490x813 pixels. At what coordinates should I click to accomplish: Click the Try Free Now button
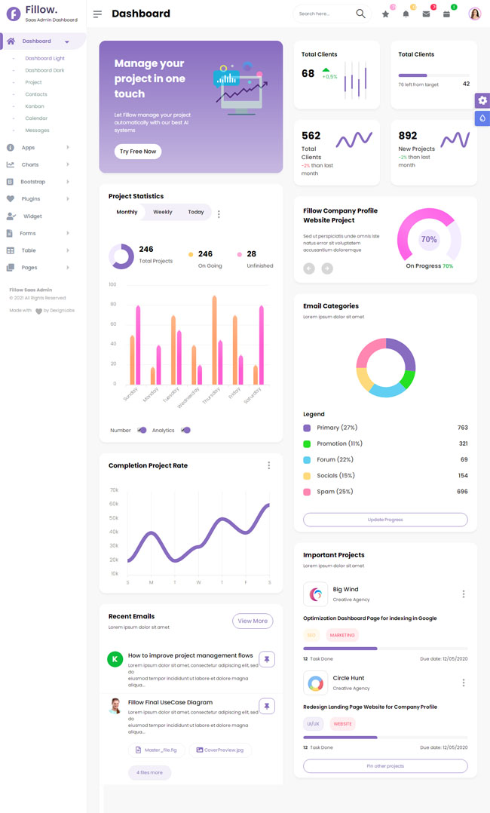138,152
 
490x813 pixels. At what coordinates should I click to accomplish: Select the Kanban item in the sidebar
35,106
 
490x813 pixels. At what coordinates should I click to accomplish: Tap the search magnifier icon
360,14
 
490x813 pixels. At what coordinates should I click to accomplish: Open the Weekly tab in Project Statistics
163,213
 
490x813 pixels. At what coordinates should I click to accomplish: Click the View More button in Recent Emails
253,621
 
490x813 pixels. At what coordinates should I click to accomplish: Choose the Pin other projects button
385,766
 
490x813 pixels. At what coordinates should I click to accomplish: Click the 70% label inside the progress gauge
429,240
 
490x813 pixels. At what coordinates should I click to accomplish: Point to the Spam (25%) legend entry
335,492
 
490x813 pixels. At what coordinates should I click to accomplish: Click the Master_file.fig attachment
156,750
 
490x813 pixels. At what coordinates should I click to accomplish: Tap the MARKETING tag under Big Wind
342,636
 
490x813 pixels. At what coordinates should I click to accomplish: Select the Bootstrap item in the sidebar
32,182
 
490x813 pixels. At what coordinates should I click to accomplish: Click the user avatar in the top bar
475,14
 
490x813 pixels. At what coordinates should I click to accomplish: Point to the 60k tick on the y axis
114,505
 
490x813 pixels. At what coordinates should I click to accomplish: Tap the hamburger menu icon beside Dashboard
97,14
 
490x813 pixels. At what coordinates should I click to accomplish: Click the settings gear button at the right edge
482,100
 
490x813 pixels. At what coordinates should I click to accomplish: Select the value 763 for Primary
462,428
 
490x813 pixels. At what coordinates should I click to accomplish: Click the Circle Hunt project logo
315,683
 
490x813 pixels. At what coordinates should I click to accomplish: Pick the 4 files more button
150,773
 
